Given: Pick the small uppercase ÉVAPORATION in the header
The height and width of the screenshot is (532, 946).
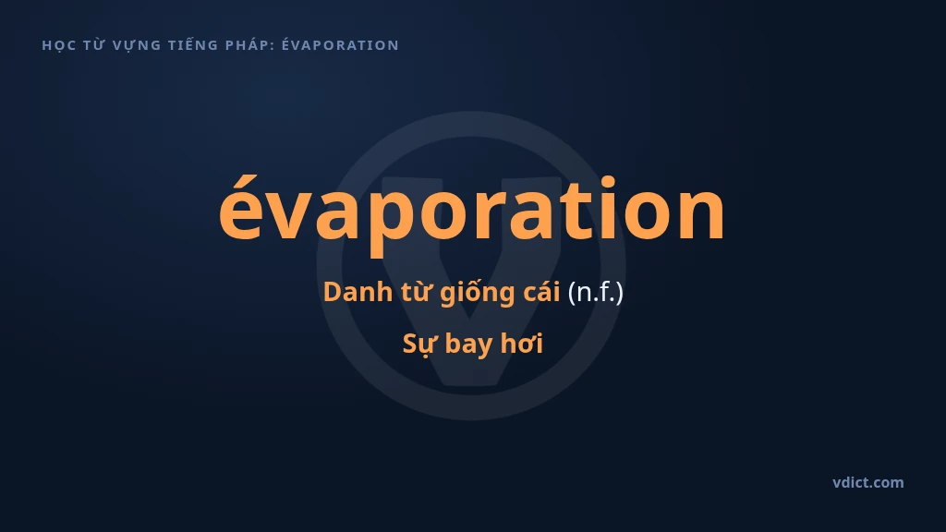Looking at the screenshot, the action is (340, 44).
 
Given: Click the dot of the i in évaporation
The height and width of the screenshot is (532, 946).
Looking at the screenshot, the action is (608, 180).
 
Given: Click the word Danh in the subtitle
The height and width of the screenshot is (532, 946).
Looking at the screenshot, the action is (358, 292).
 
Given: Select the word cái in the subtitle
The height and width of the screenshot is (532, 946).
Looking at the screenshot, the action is (541, 292).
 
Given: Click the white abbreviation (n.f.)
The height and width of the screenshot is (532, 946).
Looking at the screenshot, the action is (596, 293).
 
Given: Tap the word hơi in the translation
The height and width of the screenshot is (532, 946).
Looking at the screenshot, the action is (522, 343).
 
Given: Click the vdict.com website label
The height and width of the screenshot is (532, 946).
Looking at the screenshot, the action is (867, 482).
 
